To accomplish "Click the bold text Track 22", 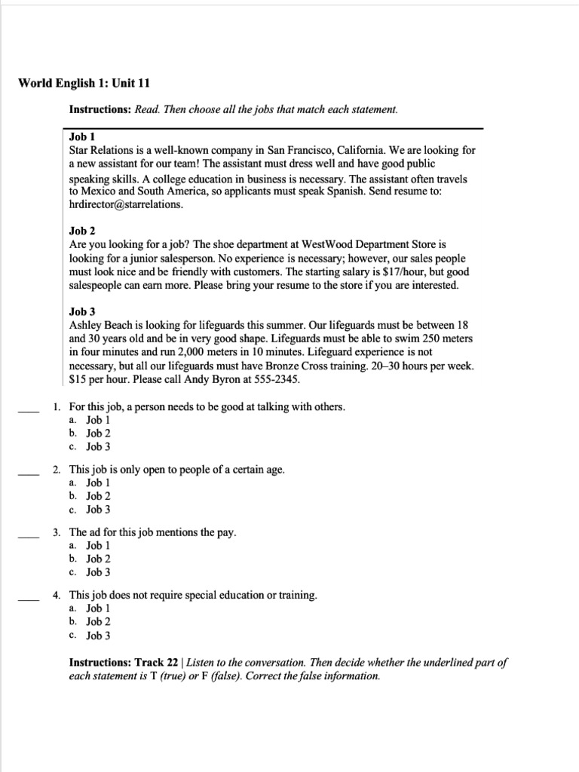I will pos(158,663).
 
